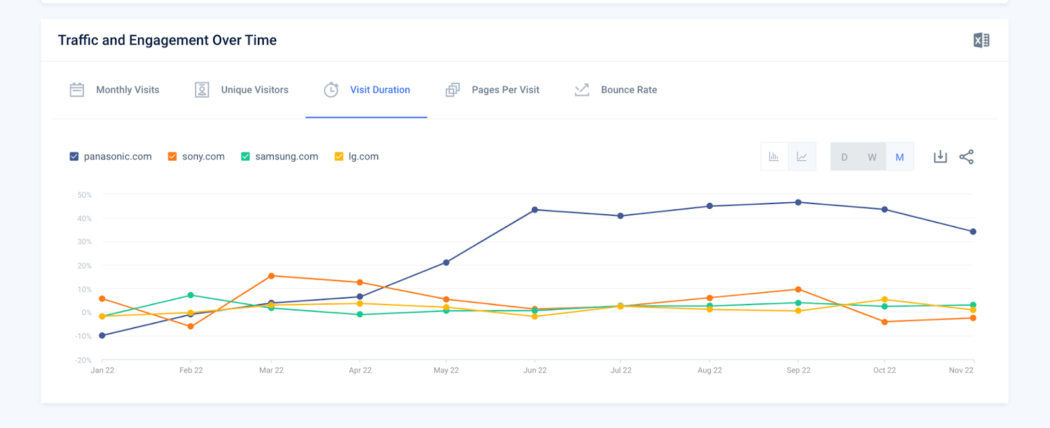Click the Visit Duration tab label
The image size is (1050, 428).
379,90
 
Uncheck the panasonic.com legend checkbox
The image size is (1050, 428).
74,156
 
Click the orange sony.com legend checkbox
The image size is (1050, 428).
173,156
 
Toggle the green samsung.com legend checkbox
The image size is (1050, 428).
245,156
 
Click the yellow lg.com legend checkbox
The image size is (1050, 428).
339,156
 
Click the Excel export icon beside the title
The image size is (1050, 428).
981,40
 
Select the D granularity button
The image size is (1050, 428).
844,157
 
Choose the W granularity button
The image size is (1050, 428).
871,157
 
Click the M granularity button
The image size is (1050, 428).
899,157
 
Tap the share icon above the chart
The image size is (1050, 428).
966,157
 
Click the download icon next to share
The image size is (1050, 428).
940,157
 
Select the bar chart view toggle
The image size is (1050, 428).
774,157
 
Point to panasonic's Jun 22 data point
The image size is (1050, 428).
535,210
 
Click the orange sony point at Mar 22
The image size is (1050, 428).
272,276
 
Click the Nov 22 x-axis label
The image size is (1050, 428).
961,370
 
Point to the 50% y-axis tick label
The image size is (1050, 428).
85,195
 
